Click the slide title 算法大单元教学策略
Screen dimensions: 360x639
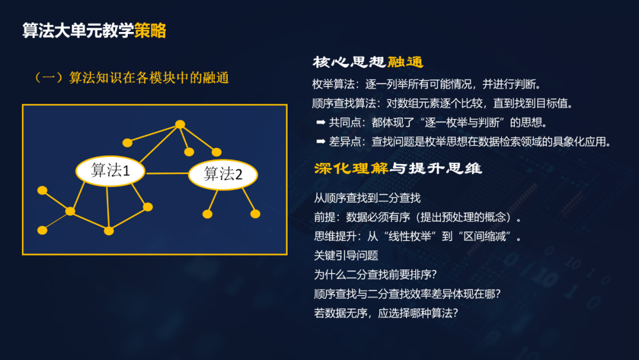pos(94,30)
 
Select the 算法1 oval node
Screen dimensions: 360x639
pos(111,171)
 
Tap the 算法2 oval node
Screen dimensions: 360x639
pos(223,174)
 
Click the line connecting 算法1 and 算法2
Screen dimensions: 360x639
pos(167,173)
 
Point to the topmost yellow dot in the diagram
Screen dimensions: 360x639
pos(179,124)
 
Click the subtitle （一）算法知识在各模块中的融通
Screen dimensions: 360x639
pos(131,78)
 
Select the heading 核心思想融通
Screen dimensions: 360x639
pos(367,63)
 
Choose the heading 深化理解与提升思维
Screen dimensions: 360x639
pos(398,169)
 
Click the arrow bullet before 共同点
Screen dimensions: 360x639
pos(321,123)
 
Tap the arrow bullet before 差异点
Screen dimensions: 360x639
pos(321,142)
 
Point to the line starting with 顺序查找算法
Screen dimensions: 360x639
pos(443,103)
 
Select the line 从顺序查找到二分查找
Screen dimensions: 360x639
pos(367,198)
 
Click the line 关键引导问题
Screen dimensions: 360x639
pos(346,256)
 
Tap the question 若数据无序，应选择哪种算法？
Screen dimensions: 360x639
pos(386,314)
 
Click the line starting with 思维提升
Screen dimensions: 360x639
pos(418,237)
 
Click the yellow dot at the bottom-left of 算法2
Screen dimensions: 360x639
pos(207,214)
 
